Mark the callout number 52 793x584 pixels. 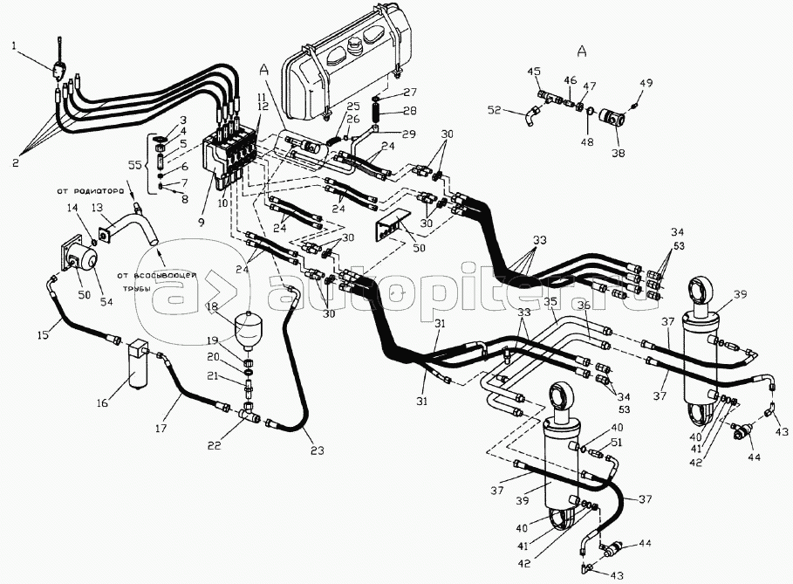click(x=494, y=111)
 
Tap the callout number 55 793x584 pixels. click(x=134, y=164)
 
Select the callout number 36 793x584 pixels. click(x=583, y=306)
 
